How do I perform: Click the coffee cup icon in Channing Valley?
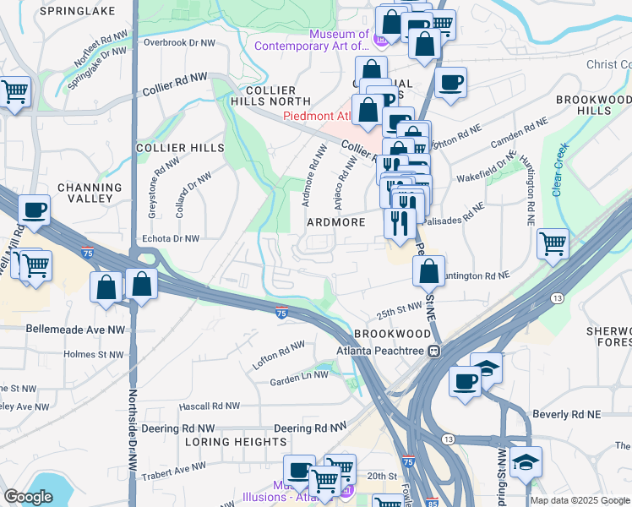click(x=34, y=211)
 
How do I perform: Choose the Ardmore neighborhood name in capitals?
click(x=335, y=222)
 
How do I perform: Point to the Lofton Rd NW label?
click(x=279, y=355)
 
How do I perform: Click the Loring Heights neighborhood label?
click(x=236, y=442)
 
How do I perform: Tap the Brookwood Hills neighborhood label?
click(x=593, y=105)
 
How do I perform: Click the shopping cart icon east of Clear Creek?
click(x=552, y=244)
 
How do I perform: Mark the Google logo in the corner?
click(x=27, y=497)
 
